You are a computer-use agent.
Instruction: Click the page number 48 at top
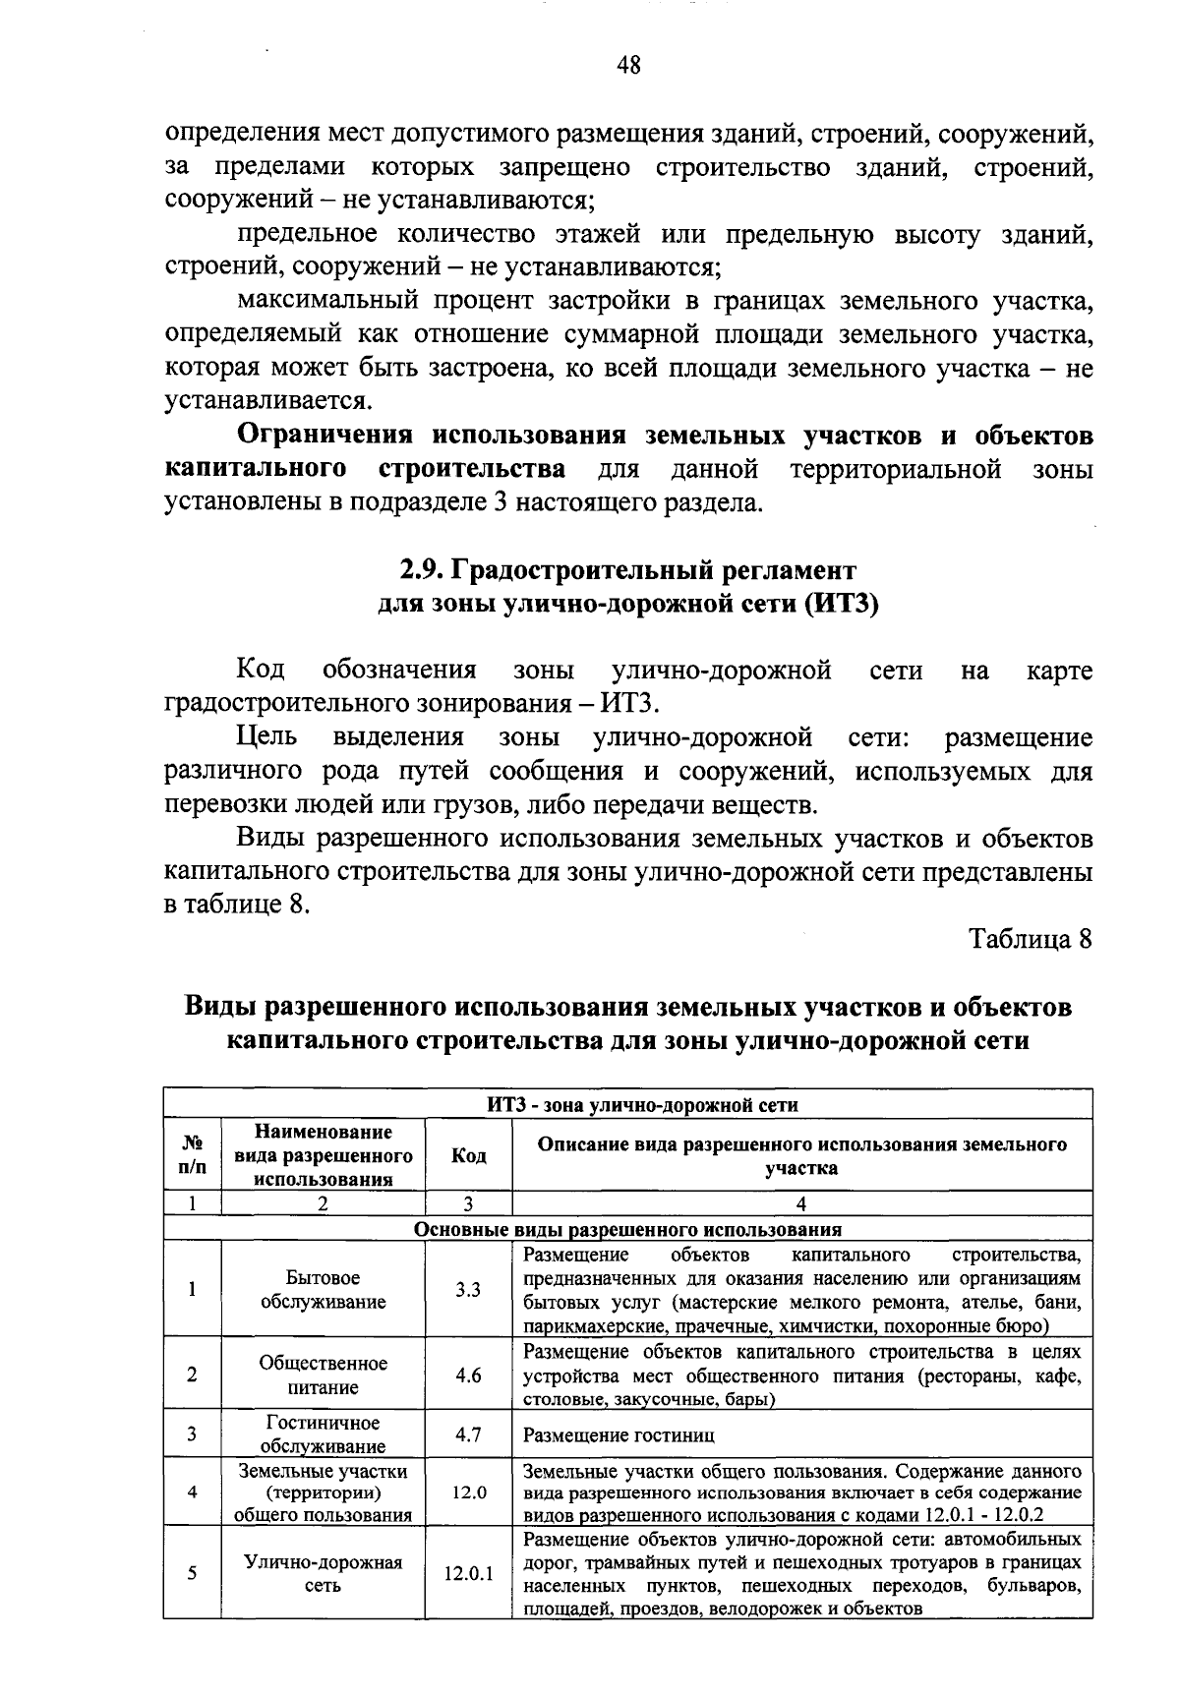[x=628, y=66]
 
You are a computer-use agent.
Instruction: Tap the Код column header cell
[x=468, y=1156]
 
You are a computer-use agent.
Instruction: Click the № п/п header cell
[x=192, y=1156]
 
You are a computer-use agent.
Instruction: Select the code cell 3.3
[x=468, y=1290]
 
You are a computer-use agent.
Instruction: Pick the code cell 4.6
[x=468, y=1375]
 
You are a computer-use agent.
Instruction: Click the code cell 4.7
[x=468, y=1434]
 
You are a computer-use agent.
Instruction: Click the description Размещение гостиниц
[x=619, y=1435]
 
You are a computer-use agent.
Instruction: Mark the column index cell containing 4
[x=801, y=1203]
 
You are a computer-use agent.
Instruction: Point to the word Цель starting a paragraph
[x=265, y=737]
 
